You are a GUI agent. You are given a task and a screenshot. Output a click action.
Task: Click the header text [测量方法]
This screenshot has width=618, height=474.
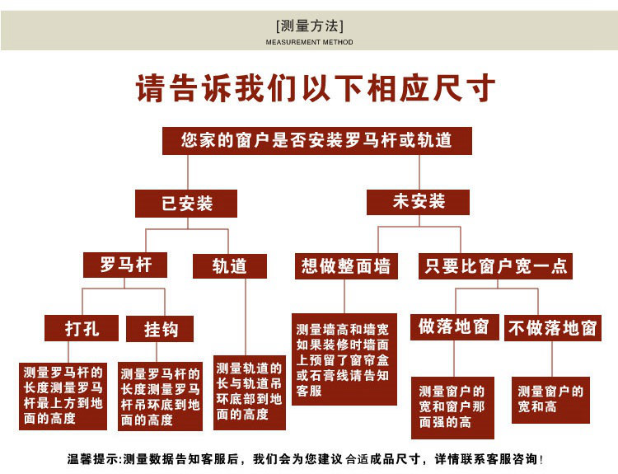[x=309, y=26]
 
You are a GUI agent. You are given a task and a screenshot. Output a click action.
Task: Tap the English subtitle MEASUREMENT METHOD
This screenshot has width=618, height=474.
[x=309, y=42]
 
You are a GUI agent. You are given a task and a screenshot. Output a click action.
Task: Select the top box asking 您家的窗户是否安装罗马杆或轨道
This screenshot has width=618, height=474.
[x=316, y=140]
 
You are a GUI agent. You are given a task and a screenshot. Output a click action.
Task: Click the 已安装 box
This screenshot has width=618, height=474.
[x=187, y=204]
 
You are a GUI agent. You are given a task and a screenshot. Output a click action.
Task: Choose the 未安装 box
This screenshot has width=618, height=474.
[x=419, y=202]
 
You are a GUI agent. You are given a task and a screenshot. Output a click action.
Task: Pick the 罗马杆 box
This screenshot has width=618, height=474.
[x=124, y=265]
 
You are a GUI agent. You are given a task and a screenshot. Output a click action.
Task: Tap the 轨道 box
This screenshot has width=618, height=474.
[x=230, y=266]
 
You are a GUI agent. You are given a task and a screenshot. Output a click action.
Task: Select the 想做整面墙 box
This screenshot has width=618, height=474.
[x=345, y=266]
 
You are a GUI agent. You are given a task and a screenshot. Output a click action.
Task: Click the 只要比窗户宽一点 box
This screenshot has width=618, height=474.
[x=495, y=266]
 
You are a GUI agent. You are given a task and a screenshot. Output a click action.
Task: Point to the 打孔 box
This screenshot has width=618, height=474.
[x=82, y=329]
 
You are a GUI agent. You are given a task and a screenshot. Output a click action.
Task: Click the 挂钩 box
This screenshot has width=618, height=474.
[x=160, y=329]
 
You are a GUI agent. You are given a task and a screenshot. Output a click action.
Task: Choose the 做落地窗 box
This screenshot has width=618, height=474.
[x=453, y=326]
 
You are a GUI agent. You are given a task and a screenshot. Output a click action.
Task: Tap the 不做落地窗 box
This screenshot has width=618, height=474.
[x=552, y=328]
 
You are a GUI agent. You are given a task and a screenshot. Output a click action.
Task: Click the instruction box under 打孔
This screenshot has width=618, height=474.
[x=63, y=396]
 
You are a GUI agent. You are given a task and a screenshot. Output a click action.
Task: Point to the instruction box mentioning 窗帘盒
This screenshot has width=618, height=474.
[x=344, y=359]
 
